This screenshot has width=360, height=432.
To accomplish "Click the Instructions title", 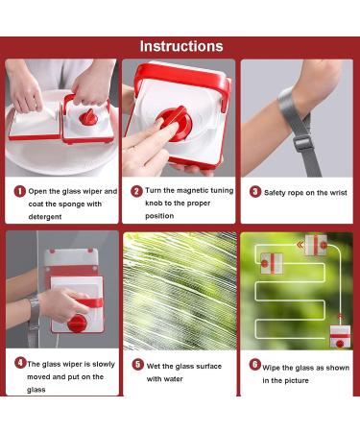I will (180, 46).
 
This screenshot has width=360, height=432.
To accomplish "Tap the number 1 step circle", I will (19, 191).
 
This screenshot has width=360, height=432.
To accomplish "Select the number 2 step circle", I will (137, 191).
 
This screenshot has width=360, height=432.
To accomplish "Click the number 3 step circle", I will (254, 191).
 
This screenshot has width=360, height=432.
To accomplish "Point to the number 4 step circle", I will (19, 364).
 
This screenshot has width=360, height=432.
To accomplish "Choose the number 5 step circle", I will (137, 365).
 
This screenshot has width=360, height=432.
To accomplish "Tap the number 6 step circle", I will (254, 365).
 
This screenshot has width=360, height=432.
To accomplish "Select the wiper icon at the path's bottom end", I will (340, 337).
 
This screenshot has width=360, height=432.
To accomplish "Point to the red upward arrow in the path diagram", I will (337, 312).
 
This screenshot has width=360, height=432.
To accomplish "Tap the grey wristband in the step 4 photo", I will (34, 307).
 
